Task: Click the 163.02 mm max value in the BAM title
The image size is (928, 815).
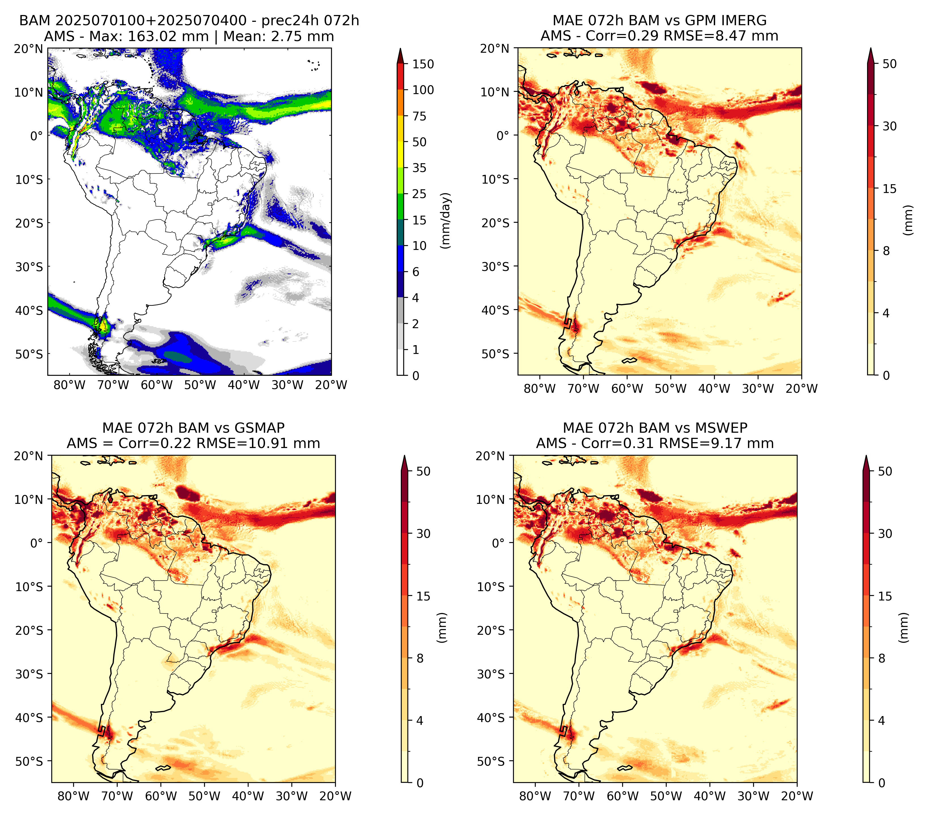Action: click(168, 36)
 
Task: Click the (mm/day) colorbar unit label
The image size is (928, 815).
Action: click(446, 220)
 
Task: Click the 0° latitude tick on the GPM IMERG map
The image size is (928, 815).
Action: click(503, 135)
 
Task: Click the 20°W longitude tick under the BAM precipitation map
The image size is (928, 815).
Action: click(331, 385)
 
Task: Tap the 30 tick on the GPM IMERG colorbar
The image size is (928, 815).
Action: click(890, 126)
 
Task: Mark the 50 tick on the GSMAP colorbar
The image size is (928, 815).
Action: click(423, 472)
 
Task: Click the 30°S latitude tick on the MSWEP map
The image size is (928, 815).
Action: click(491, 674)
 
